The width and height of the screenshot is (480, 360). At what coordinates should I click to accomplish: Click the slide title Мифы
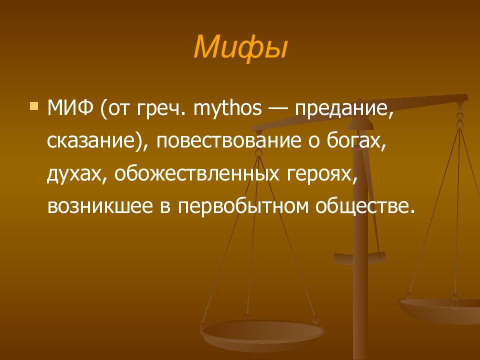click(x=240, y=46)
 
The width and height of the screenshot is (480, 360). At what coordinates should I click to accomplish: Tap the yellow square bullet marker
click(x=34, y=106)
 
